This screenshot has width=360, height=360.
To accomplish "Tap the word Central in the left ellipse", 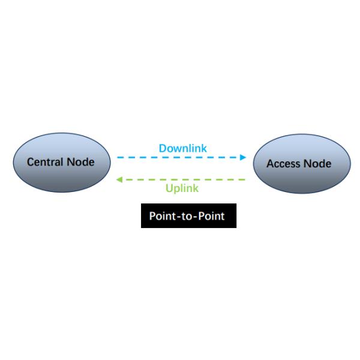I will pyautogui.click(x=44, y=162).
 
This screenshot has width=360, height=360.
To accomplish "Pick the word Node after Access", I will pyautogui.click(x=316, y=164).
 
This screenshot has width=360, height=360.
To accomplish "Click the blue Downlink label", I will pyautogui.click(x=182, y=148).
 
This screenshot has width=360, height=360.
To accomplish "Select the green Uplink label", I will pyautogui.click(x=182, y=188).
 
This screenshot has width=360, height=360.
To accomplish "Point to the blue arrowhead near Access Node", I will pyautogui.click(x=243, y=157).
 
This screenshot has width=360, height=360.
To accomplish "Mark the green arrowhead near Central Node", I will pyautogui.click(x=119, y=179).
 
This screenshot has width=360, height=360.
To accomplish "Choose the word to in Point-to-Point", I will pyautogui.click(x=187, y=216).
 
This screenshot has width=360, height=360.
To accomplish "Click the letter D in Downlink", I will pyautogui.click(x=163, y=148).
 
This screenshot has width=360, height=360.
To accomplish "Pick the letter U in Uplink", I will pyautogui.click(x=169, y=188).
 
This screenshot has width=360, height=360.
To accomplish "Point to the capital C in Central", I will pyautogui.click(x=31, y=162).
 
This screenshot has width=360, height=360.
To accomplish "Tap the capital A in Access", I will pyautogui.click(x=270, y=164).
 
